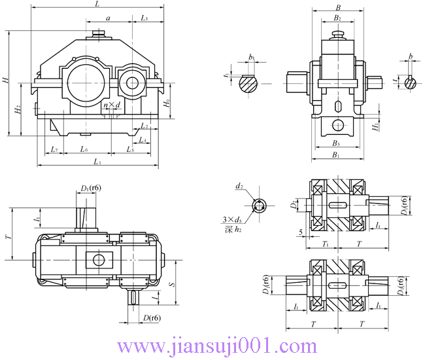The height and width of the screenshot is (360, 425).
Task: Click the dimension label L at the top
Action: [97, 5]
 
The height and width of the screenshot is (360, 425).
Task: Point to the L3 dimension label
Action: [144, 18]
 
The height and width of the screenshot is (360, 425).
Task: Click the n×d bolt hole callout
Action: [112, 105]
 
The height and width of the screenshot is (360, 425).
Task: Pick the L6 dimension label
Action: [84, 150]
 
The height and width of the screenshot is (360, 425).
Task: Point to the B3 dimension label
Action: [336, 143]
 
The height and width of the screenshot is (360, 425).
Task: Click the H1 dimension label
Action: [375, 126]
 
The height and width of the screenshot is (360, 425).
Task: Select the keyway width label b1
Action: [252, 58]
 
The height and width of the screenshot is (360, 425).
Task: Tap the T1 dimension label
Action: [324, 243]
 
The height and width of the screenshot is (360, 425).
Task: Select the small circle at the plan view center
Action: [98, 260]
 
